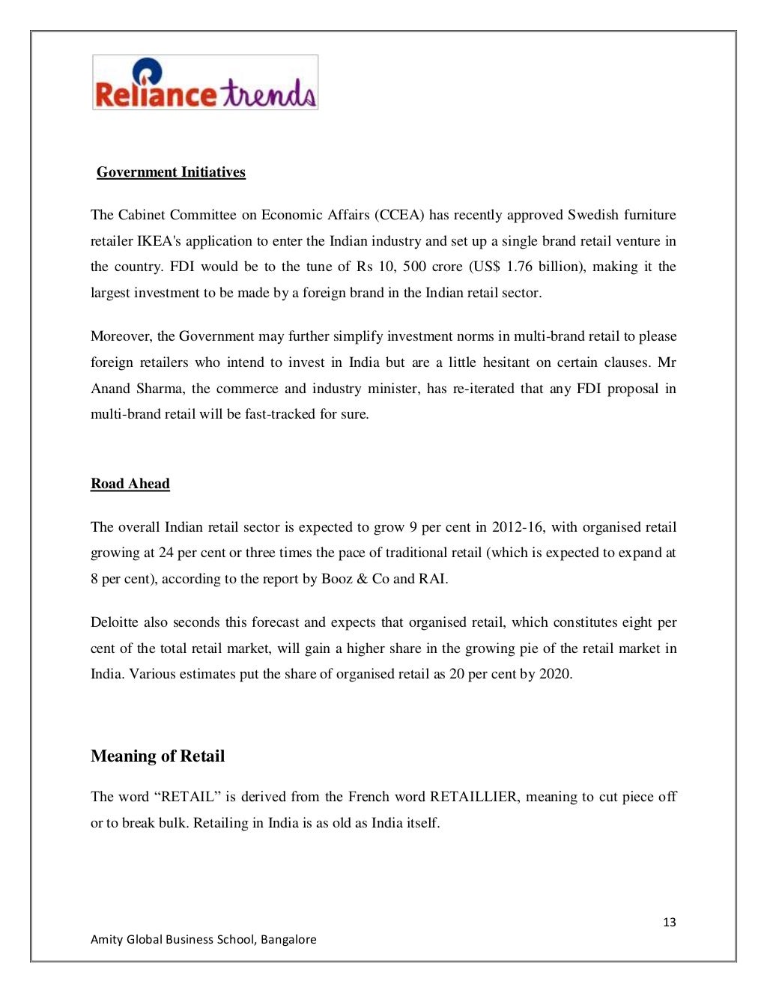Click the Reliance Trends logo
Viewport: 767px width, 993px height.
click(x=205, y=82)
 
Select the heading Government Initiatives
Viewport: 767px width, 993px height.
click(x=171, y=172)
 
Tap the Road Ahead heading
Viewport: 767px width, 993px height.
click(x=130, y=484)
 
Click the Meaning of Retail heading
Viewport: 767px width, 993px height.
click(x=157, y=756)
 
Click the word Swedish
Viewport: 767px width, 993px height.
click(x=592, y=215)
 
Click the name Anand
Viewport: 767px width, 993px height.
click(x=111, y=389)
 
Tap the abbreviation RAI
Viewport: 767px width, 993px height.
click(x=431, y=579)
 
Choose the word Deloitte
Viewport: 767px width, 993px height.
click(x=116, y=622)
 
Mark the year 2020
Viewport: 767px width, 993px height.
click(x=555, y=674)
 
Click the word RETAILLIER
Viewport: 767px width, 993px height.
click(x=473, y=797)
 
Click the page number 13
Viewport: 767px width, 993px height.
click(x=669, y=922)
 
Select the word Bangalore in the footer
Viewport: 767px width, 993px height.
click(x=288, y=939)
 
